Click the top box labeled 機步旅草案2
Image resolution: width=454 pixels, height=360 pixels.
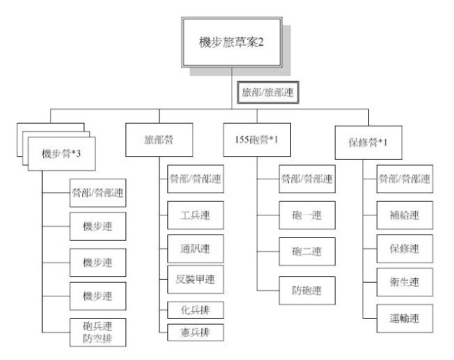(x=232, y=42)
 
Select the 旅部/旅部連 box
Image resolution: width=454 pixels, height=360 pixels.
(x=268, y=92)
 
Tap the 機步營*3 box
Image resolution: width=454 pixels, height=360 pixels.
(x=62, y=153)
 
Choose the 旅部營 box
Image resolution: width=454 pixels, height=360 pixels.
(x=159, y=140)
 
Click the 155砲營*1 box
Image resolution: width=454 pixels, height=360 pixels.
(x=257, y=140)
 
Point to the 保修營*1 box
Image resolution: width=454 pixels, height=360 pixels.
(x=369, y=143)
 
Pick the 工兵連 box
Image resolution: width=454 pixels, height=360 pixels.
(x=196, y=215)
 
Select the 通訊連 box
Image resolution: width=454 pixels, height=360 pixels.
(x=196, y=249)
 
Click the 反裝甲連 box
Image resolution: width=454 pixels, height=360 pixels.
(x=196, y=280)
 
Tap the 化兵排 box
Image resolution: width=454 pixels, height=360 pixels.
(x=196, y=310)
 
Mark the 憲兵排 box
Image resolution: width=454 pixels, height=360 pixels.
(x=196, y=332)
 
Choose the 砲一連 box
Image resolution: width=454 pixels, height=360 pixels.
(x=307, y=215)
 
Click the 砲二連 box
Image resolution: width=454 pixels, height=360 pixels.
(x=307, y=251)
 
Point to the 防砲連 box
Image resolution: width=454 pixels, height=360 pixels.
(x=307, y=290)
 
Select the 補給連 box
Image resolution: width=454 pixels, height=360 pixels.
(x=405, y=215)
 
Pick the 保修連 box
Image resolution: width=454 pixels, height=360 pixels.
(x=405, y=249)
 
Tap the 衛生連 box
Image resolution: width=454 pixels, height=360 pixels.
(x=405, y=282)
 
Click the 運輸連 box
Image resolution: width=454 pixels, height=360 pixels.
(x=405, y=318)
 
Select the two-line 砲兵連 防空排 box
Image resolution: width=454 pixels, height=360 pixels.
(x=98, y=332)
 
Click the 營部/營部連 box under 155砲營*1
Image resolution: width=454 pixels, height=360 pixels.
(x=307, y=179)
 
